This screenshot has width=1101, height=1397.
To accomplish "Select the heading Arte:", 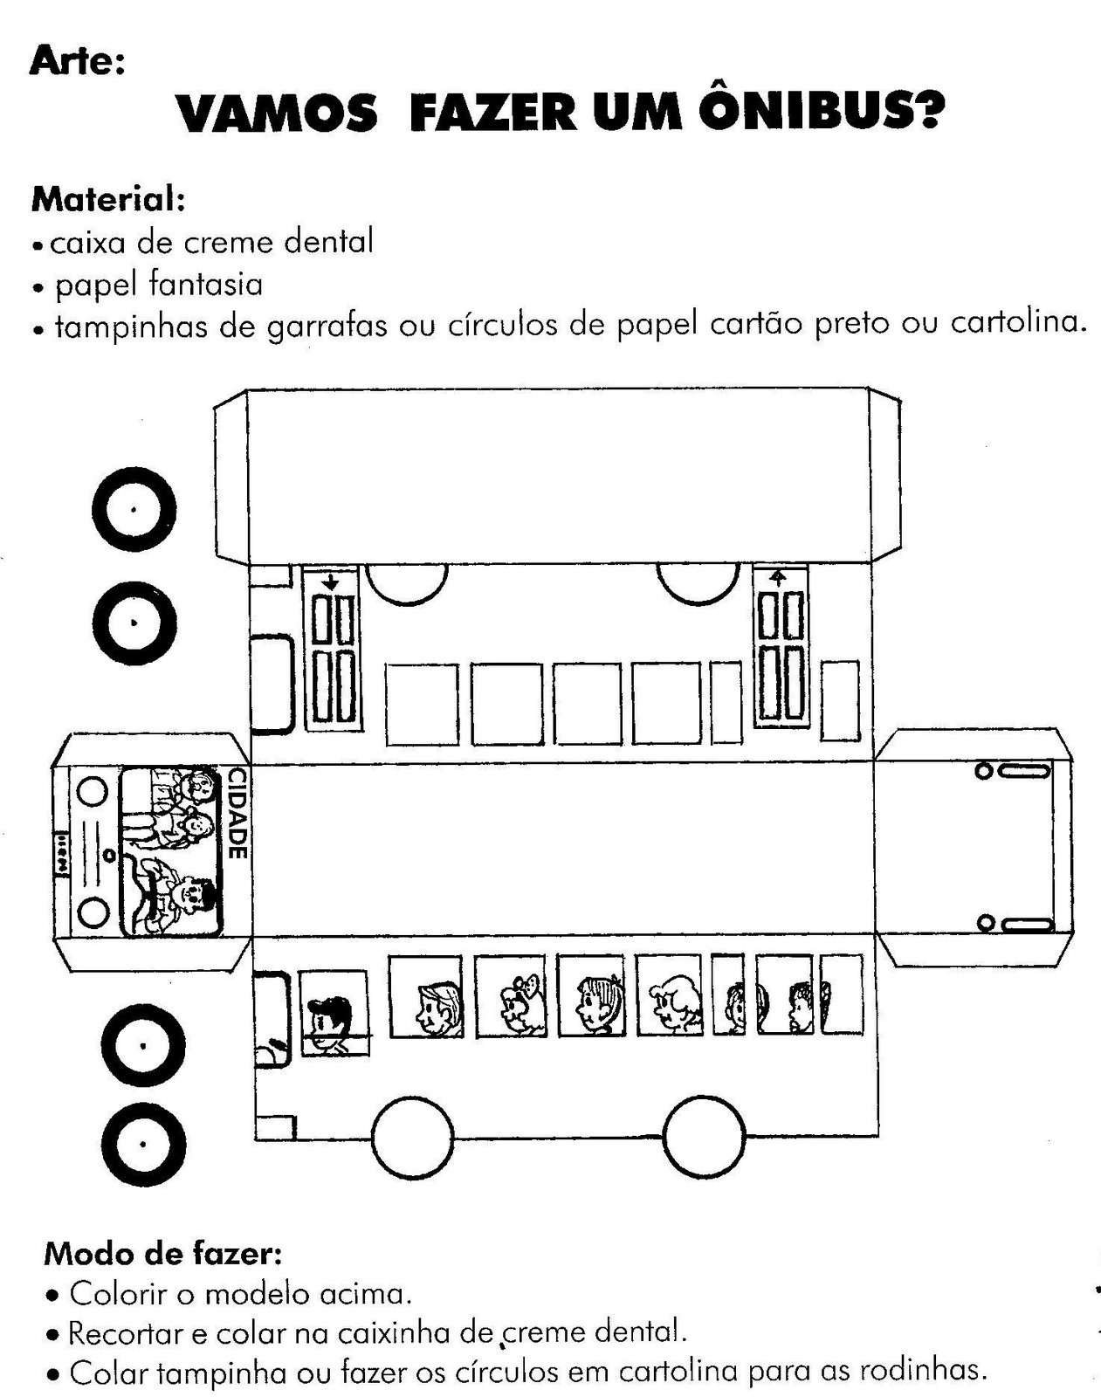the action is click(x=78, y=62).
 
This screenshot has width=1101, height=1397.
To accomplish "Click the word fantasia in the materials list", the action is click(x=206, y=285).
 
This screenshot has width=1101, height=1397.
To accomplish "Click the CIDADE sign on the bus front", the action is click(x=236, y=813).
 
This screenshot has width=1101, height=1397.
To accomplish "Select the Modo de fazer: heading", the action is click(x=162, y=1255).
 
